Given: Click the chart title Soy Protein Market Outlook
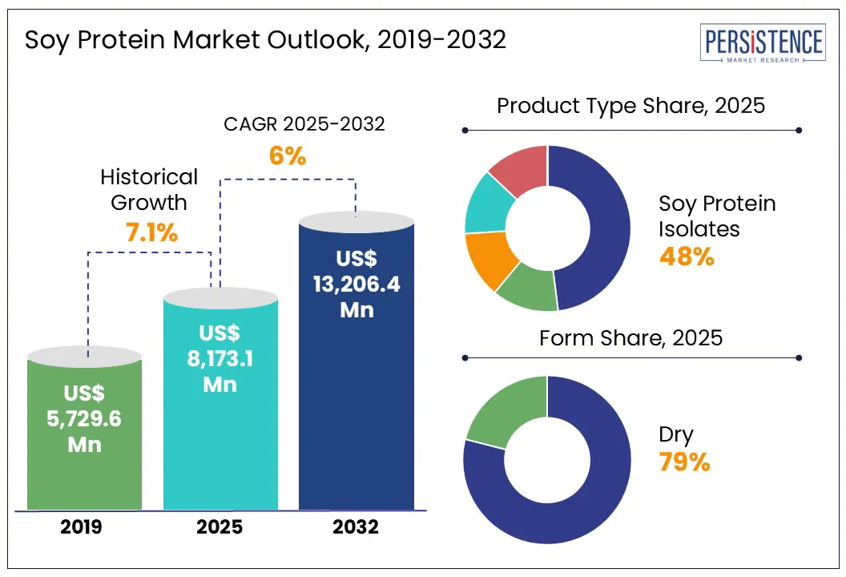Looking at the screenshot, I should coord(265,39).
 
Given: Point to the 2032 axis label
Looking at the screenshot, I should coord(356,527).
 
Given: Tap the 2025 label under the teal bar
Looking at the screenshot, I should coord(220,527).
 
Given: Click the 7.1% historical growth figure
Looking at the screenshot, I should coord(151,232).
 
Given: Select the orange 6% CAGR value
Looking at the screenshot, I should coord(287,155).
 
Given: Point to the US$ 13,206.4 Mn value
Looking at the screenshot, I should coord(357,284).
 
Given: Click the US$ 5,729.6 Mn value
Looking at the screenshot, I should coord(84,418).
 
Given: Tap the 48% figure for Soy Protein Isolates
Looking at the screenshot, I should coord(686,256).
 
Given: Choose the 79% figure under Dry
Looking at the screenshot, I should coord(684,462).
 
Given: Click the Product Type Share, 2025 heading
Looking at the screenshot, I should coord(631,106).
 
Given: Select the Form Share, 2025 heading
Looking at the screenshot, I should coord(631,338).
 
